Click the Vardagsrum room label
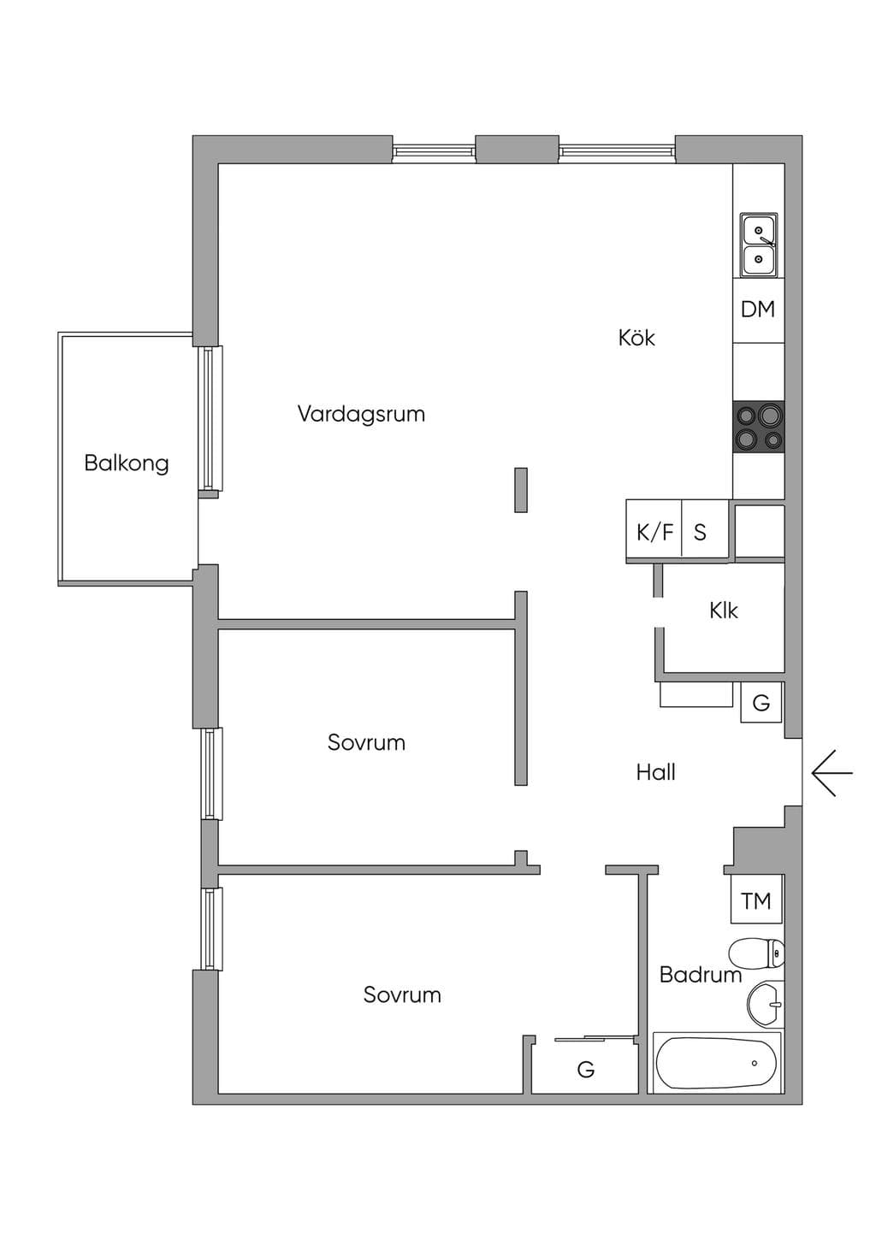[x=361, y=415]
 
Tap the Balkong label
[x=127, y=463]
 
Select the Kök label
[x=636, y=338]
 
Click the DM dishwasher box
[x=758, y=310]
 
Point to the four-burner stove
[x=759, y=428]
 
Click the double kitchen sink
[x=759, y=245]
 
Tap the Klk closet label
[x=723, y=611]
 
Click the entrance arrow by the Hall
[x=832, y=773]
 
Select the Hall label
[x=656, y=772]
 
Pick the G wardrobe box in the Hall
[x=761, y=703]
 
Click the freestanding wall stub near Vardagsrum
[x=521, y=490]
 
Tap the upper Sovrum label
[x=366, y=742]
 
